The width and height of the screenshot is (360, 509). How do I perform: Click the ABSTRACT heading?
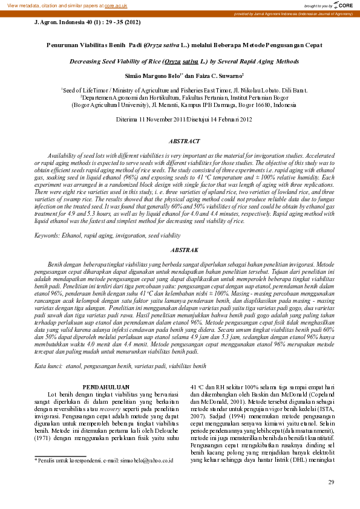click(x=184, y=141)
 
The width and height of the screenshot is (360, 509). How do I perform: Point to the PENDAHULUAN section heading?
click(x=106, y=386)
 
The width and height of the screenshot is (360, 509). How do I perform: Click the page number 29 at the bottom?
click(x=330, y=482)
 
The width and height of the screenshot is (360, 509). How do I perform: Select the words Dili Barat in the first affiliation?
click(x=292, y=90)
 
